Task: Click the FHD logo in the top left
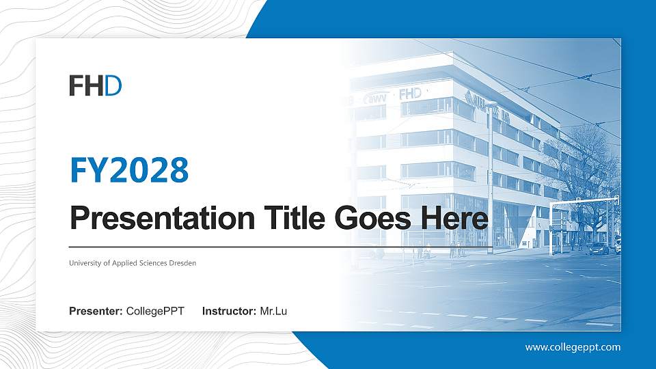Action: (x=95, y=85)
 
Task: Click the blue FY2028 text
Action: (x=129, y=170)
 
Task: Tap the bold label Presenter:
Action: (x=96, y=312)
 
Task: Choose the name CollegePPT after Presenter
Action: (x=155, y=312)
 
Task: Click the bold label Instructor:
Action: (x=230, y=312)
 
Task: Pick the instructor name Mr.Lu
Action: (x=273, y=312)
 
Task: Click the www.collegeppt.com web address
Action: (x=573, y=347)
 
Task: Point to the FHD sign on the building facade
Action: (x=411, y=93)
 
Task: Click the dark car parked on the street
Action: (x=599, y=248)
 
